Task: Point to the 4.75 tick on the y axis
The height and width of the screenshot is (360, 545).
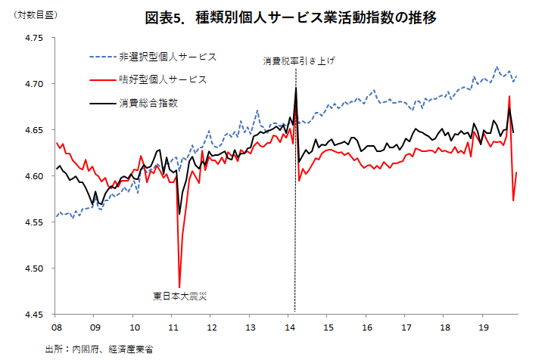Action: click(x=34, y=38)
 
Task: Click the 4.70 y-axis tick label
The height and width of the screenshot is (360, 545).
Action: click(x=34, y=84)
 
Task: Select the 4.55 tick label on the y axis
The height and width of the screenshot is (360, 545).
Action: click(x=34, y=222)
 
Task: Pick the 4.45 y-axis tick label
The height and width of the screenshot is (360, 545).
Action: click(x=34, y=314)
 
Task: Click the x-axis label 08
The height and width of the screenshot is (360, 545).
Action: click(x=56, y=327)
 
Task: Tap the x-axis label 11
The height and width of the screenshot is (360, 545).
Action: click(x=173, y=327)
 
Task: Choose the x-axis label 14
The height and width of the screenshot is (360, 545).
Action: click(x=290, y=327)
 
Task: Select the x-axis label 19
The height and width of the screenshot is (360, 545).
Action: click(x=485, y=327)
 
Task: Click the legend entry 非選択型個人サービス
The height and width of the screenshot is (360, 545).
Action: click(x=167, y=57)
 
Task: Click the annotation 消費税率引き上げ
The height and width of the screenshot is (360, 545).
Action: click(x=299, y=61)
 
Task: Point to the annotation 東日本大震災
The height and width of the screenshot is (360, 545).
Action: click(x=179, y=296)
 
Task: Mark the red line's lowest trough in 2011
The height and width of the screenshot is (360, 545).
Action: click(x=179, y=287)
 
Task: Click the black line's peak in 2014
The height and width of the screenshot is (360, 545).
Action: click(x=295, y=88)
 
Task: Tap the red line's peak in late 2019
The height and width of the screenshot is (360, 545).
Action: click(x=509, y=96)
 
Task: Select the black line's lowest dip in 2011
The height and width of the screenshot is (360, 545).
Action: click(x=179, y=214)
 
